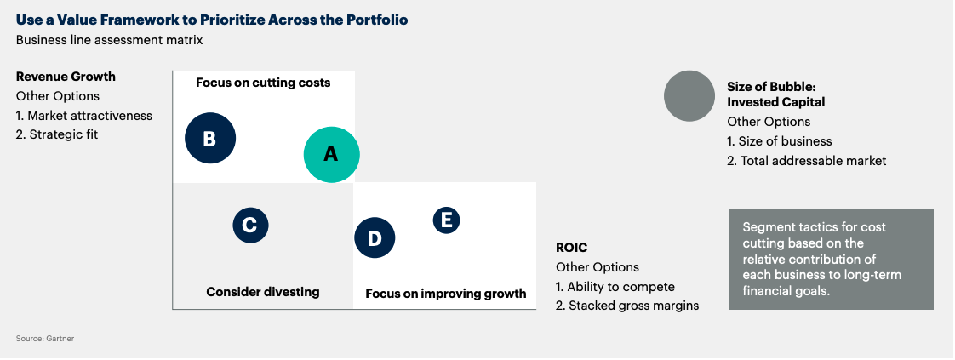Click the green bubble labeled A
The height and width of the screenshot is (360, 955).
pyautogui.click(x=331, y=155)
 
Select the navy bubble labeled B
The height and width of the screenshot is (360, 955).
pyautogui.click(x=210, y=138)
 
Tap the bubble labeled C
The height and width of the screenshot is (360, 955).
pyautogui.click(x=250, y=226)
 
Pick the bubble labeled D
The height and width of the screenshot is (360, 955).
pyautogui.click(x=375, y=237)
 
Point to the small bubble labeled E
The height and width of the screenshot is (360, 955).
pyautogui.click(x=447, y=220)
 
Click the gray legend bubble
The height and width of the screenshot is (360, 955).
pyautogui.click(x=689, y=96)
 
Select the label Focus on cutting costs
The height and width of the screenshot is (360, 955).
pyautogui.click(x=263, y=83)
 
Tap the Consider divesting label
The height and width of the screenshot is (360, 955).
pyautogui.click(x=263, y=292)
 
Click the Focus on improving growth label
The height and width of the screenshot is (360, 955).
pyautogui.click(x=446, y=294)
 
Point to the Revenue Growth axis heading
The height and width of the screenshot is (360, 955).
pyautogui.click(x=66, y=77)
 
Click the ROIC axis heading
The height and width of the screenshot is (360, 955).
pyautogui.click(x=572, y=248)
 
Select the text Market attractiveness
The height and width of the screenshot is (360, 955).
pyautogui.click(x=89, y=116)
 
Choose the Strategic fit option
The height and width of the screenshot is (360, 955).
pyautogui.click(x=63, y=134)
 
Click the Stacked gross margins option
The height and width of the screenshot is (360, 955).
pyautogui.click(x=633, y=306)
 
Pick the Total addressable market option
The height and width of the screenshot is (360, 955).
pyautogui.click(x=813, y=161)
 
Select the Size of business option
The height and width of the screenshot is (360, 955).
pyautogui.click(x=785, y=141)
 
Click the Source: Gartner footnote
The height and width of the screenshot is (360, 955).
pyautogui.click(x=45, y=338)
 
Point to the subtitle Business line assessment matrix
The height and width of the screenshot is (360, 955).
pyautogui.click(x=109, y=40)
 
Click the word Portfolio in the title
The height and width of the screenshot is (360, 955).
pyautogui.click(x=377, y=20)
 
